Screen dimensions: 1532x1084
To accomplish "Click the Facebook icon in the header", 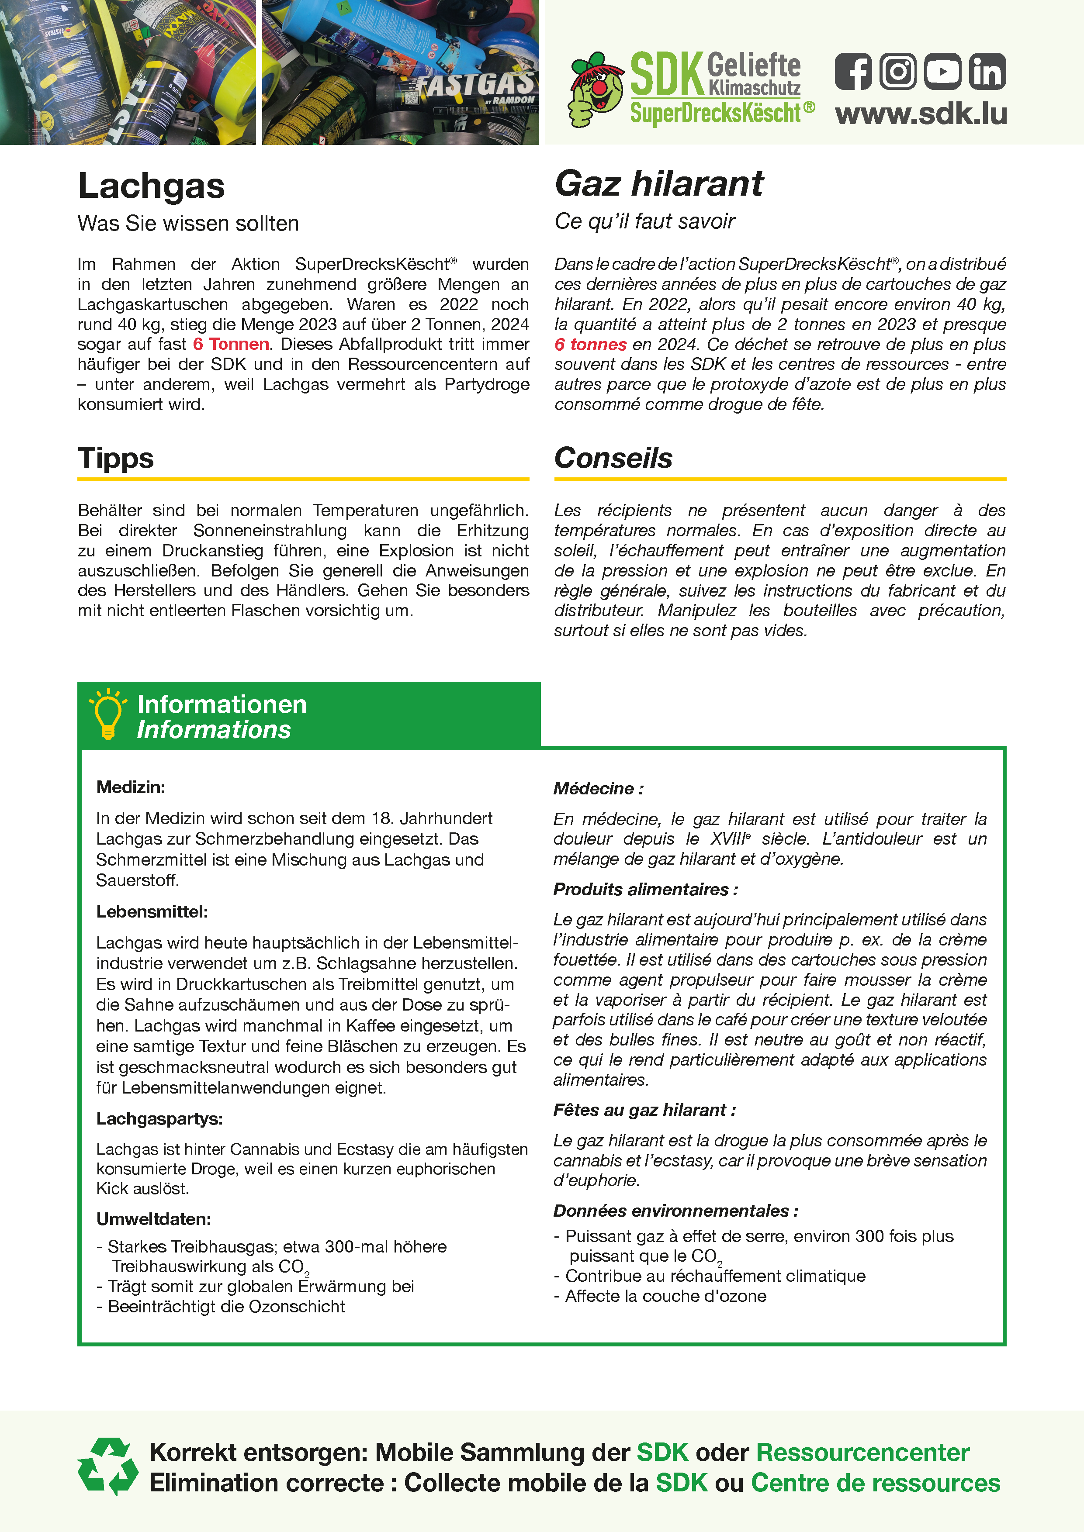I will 853,71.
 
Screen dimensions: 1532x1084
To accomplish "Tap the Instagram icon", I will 898,71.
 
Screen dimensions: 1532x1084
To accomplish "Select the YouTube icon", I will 942,71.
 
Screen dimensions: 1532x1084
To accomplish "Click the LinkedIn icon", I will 987,71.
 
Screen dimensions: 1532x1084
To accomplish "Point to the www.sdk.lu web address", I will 921,114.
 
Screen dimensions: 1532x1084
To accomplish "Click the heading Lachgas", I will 152,186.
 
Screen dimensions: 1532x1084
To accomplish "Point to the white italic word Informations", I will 214,730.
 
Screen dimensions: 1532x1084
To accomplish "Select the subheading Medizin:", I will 131,787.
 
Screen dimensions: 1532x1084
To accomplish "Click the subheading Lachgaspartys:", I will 159,1118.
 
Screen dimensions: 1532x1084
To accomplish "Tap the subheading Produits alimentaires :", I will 645,890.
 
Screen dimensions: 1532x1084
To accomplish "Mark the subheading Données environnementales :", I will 675,1211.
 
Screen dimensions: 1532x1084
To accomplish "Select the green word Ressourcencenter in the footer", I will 862,1452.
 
